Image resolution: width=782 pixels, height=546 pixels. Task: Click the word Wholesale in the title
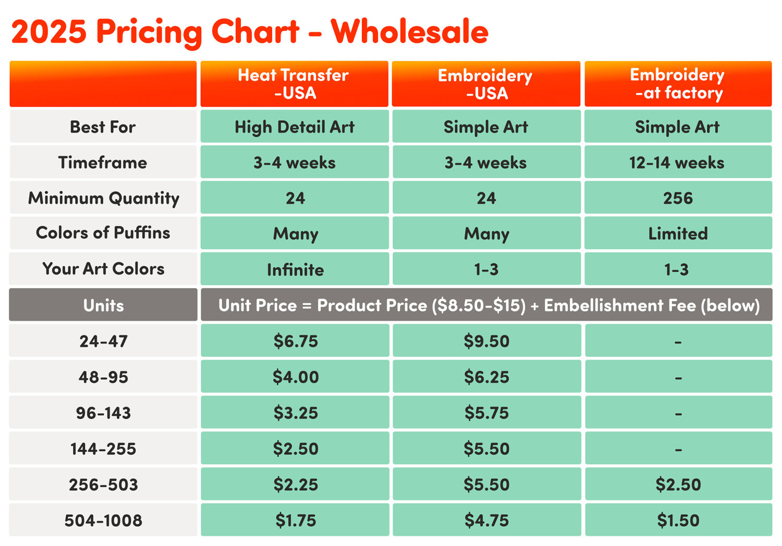[x=409, y=31]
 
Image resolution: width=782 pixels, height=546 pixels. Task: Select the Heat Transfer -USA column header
[x=295, y=84]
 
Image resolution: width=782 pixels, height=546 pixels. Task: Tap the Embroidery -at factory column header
[x=678, y=84]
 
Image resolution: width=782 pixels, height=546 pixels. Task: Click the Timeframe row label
[x=103, y=163]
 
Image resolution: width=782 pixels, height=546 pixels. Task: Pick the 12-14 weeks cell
[x=677, y=163]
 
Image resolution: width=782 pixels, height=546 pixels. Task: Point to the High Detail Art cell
[x=295, y=127]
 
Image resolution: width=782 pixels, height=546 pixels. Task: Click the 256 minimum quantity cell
[x=678, y=198]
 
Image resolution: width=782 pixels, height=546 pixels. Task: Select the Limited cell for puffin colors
[x=678, y=233]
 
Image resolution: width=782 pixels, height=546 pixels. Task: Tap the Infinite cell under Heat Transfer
[x=295, y=269]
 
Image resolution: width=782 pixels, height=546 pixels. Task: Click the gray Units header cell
[x=103, y=305]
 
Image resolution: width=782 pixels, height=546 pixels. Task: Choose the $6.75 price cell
[x=296, y=341]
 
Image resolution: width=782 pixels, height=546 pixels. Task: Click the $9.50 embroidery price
[x=486, y=341]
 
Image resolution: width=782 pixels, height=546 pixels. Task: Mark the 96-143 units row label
[x=103, y=413]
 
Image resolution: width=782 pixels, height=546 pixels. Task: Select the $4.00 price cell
[x=296, y=377]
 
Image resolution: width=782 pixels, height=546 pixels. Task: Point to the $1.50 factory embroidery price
[x=678, y=520]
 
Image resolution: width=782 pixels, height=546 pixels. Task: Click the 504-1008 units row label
[x=103, y=520]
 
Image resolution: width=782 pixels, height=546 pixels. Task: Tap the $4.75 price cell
[x=486, y=520]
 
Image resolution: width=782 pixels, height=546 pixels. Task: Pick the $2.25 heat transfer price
[x=296, y=485]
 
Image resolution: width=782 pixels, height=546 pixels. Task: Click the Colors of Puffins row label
[x=103, y=233]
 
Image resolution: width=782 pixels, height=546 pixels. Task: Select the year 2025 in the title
[x=49, y=31]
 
